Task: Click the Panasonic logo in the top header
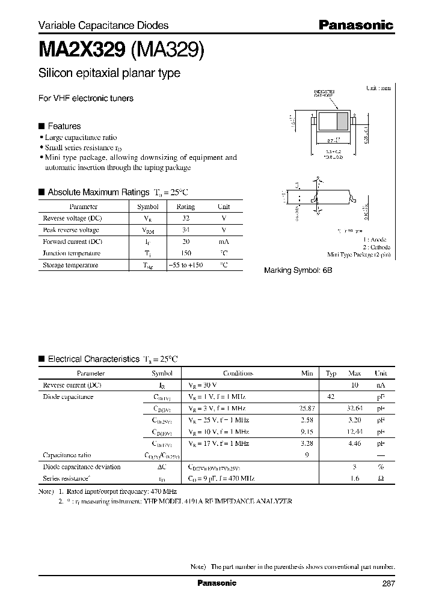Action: point(355,25)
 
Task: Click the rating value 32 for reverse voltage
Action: point(185,218)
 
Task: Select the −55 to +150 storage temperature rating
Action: point(185,265)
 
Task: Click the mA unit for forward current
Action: point(223,242)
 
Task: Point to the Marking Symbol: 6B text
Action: point(298,271)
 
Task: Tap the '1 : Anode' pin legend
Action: point(376,239)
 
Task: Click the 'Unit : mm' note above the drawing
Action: point(378,88)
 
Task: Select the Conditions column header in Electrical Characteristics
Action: point(238,373)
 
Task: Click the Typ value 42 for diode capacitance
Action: point(330,397)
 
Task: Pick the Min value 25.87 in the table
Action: point(307,409)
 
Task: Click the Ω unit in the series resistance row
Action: point(381,478)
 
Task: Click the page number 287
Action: point(388,583)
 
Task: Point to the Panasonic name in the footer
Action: point(216,583)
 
